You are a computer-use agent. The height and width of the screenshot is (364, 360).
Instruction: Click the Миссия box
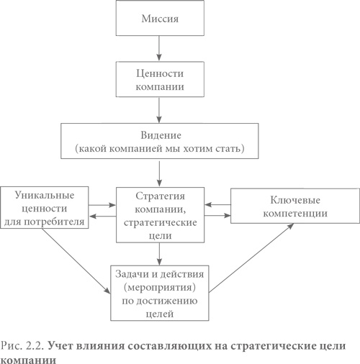click(158, 17)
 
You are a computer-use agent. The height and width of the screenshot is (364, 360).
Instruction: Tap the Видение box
click(158, 141)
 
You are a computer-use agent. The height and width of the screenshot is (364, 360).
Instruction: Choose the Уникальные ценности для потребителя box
click(45, 207)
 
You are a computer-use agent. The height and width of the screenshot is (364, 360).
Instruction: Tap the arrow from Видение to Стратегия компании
click(158, 172)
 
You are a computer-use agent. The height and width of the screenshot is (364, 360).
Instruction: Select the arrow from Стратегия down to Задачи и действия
click(158, 253)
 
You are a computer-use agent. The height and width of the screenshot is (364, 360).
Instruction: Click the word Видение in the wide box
click(158, 135)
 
